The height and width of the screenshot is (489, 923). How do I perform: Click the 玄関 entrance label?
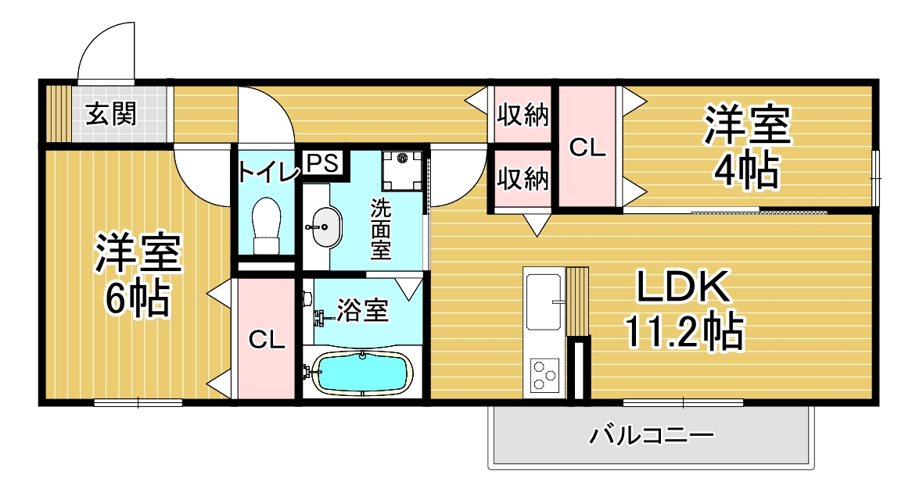point(111,113)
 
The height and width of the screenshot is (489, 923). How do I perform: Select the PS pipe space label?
point(323,162)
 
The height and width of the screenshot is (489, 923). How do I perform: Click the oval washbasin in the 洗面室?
point(325,227)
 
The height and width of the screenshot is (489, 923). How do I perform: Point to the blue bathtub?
point(362,373)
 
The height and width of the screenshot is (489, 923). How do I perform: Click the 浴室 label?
point(363,310)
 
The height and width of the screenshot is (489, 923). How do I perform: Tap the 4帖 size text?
point(746,170)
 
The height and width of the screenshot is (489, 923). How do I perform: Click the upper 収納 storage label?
point(523,115)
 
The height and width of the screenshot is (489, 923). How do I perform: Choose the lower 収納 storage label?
point(523,178)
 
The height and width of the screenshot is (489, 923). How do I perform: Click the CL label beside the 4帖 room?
point(587,148)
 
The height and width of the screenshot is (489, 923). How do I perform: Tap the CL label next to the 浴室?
point(267,339)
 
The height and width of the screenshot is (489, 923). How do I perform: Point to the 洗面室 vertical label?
point(381,230)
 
